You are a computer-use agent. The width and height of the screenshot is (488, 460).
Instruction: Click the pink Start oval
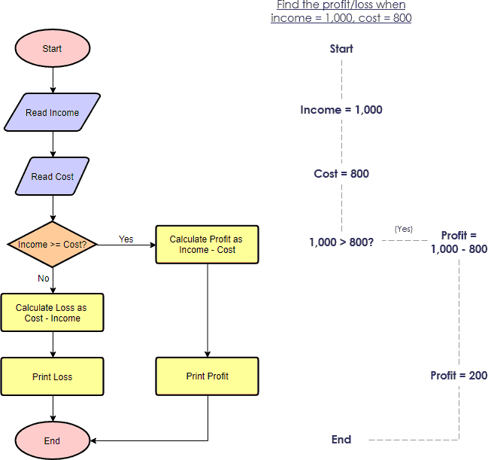pyautogui.click(x=52, y=49)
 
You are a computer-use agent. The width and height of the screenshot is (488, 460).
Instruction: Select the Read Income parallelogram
pyautogui.click(x=52, y=113)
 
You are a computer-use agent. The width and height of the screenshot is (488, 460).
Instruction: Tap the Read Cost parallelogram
pyautogui.click(x=52, y=177)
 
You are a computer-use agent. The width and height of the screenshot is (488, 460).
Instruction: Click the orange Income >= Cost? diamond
pyautogui.click(x=52, y=245)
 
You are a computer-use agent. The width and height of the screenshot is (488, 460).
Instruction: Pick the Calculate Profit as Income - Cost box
pyautogui.click(x=207, y=245)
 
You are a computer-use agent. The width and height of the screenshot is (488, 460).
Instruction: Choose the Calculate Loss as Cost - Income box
pyautogui.click(x=53, y=312)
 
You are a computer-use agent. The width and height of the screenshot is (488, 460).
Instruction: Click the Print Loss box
pyautogui.click(x=53, y=376)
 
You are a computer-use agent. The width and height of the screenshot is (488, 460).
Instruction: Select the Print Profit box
pyautogui.click(x=207, y=376)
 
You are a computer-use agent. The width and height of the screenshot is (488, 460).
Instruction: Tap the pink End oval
pyautogui.click(x=52, y=440)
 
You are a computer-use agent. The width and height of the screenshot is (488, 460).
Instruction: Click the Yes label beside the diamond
pyautogui.click(x=126, y=239)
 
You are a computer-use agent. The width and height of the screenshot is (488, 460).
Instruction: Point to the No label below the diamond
pyautogui.click(x=43, y=278)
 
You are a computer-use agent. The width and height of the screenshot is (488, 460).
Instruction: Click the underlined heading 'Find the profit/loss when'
pyautogui.click(x=341, y=5)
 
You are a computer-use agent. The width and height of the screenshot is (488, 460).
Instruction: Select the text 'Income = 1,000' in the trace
pyautogui.click(x=341, y=110)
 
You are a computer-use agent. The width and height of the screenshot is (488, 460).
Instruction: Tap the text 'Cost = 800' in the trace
pyautogui.click(x=341, y=174)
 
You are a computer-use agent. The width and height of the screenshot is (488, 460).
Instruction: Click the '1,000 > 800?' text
pyautogui.click(x=342, y=242)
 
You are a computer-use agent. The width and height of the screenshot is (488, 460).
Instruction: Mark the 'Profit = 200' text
pyautogui.click(x=459, y=375)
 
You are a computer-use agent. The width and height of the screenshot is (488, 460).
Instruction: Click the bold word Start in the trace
pyautogui.click(x=341, y=49)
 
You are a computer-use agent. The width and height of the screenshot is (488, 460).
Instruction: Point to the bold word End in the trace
pyautogui.click(x=341, y=439)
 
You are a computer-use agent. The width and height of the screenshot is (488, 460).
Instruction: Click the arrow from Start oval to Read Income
pyautogui.click(x=53, y=79)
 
